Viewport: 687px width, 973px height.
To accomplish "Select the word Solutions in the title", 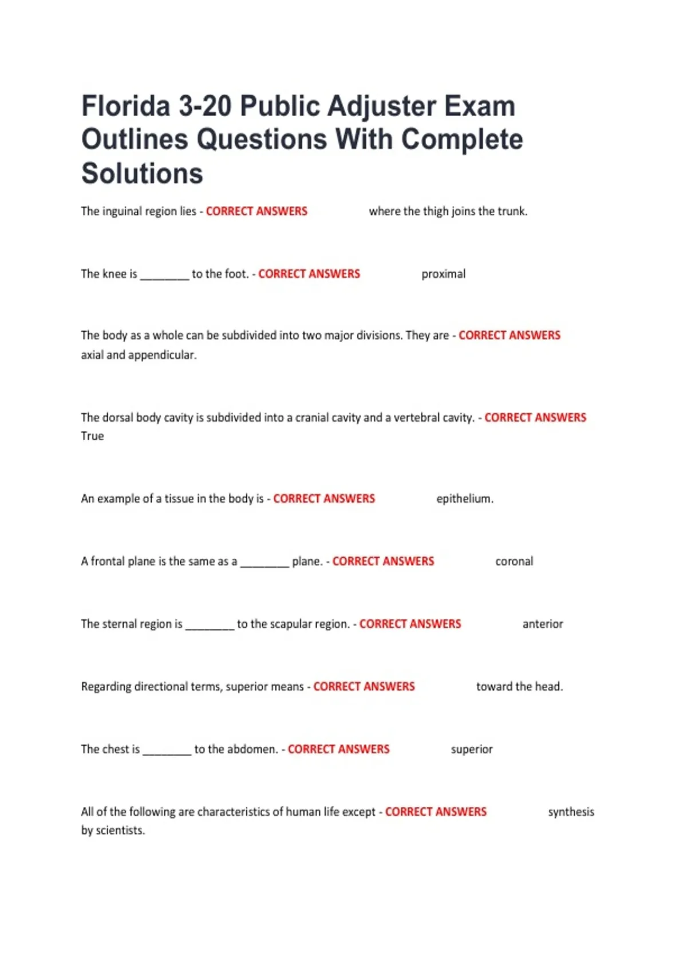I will [x=142, y=173].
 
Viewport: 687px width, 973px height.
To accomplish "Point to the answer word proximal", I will [x=443, y=274].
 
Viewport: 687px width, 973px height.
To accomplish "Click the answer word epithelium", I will [x=464, y=499].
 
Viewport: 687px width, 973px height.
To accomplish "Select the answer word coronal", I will [x=514, y=561].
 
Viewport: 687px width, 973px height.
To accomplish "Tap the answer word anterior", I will [x=542, y=624].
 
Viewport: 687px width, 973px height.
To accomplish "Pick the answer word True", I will [x=92, y=436].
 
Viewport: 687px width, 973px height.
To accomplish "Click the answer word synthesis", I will [x=571, y=812].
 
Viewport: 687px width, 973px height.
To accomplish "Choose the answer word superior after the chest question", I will [x=471, y=749].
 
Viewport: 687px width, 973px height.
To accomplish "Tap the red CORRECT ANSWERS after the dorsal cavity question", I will [x=535, y=418].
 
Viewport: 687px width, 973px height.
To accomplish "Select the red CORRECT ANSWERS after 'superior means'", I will [x=364, y=686].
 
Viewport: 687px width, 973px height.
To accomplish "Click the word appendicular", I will [x=162, y=355].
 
